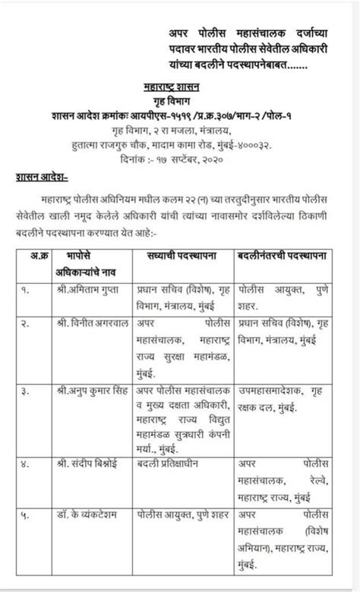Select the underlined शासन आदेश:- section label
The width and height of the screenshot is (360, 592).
tap(42, 177)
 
